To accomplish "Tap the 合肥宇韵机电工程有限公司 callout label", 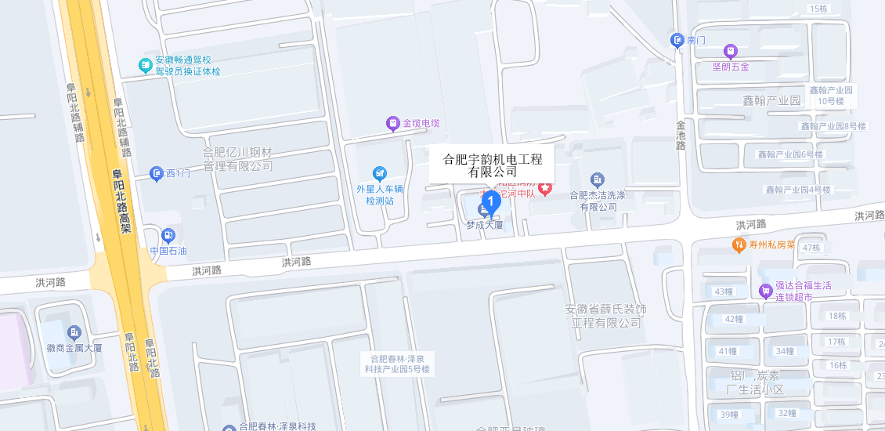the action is click(x=493, y=165).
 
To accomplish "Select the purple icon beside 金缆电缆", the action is click(x=392, y=123).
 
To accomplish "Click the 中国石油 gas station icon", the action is click(x=168, y=235).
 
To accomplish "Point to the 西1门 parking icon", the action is click(x=157, y=172).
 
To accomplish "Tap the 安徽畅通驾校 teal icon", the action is click(x=145, y=65).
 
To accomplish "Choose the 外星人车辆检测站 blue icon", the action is click(x=380, y=172).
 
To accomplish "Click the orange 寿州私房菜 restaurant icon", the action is click(x=739, y=244).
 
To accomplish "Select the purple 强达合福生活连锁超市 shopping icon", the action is click(x=765, y=291).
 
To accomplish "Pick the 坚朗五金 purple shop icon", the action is click(x=731, y=51).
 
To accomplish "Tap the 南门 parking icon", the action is click(x=677, y=40).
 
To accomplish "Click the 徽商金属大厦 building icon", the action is click(x=74, y=332).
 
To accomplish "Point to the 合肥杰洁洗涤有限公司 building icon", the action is click(x=598, y=179).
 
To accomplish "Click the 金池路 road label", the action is click(x=681, y=134).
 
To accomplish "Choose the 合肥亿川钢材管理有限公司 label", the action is click(x=237, y=158).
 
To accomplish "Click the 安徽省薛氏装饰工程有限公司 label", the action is click(x=605, y=316).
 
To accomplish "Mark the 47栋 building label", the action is click(x=811, y=248).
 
